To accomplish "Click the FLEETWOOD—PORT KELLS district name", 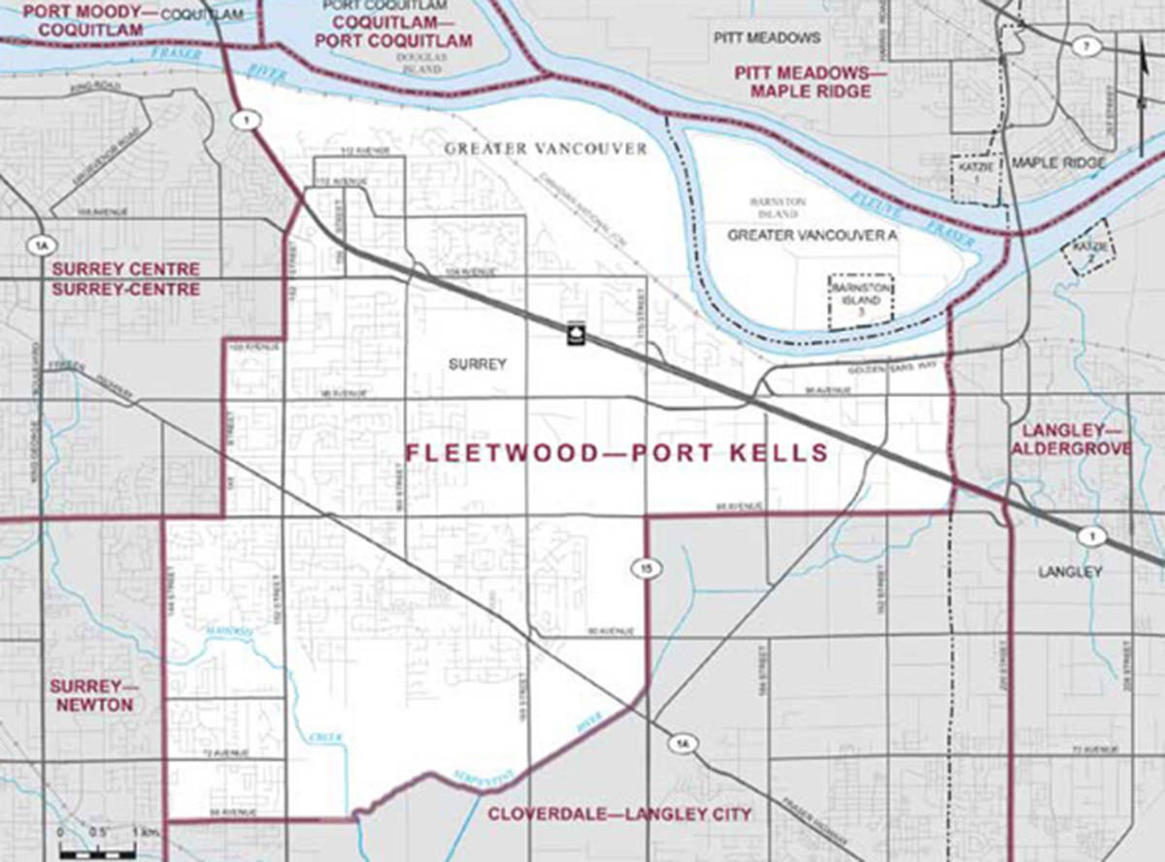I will click(616, 453).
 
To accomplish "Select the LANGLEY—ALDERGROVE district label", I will click(1071, 439).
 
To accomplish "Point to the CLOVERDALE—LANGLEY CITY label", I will click(619, 814).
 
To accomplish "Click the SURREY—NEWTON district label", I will click(94, 696).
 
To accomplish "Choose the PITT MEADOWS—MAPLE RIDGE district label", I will click(802, 82).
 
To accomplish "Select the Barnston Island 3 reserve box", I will click(860, 302).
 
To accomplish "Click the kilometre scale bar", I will click(97, 852).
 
